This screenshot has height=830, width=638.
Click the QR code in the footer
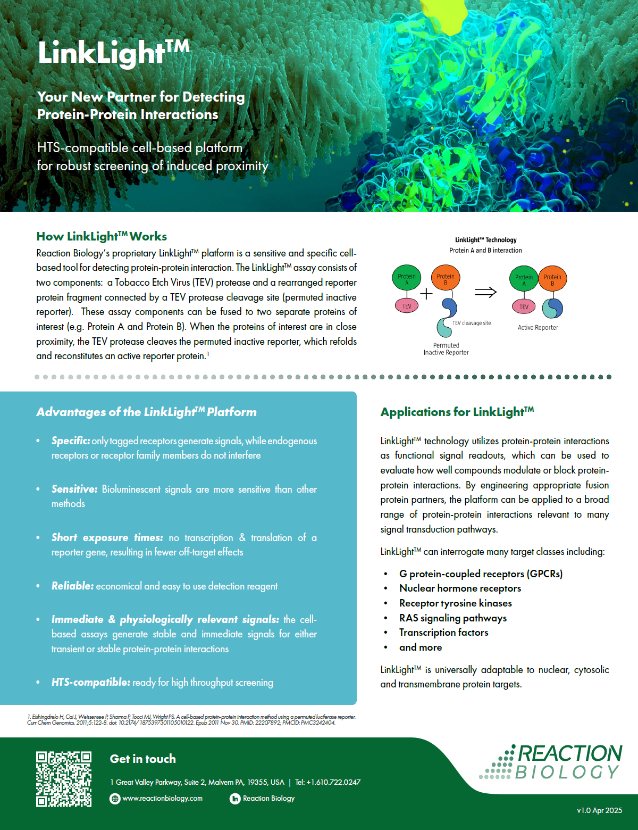(x=63, y=779)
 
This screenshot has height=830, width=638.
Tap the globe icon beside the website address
(x=115, y=799)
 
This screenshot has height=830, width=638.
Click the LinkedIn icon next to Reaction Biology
(x=235, y=799)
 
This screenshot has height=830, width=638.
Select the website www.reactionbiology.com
(x=162, y=799)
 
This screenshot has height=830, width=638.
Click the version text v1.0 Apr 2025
(x=599, y=810)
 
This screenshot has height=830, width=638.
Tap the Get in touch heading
(x=142, y=759)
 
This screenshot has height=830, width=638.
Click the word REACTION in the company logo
(x=569, y=753)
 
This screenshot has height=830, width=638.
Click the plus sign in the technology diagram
(x=426, y=293)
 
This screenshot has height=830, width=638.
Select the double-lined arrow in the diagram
(x=485, y=292)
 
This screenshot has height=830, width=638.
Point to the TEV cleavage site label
(x=472, y=323)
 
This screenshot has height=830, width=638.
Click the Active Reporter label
(x=538, y=328)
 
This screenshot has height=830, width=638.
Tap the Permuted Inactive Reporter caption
(x=446, y=349)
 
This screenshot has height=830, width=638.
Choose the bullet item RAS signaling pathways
(x=453, y=618)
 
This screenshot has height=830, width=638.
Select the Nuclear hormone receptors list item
(x=460, y=588)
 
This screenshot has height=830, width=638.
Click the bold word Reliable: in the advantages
(x=72, y=586)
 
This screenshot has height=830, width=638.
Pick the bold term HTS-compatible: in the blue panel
(x=90, y=682)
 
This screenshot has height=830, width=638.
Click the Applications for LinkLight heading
(x=457, y=412)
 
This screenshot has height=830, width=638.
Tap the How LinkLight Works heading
(x=102, y=236)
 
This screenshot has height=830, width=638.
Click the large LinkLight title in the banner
(x=113, y=53)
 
